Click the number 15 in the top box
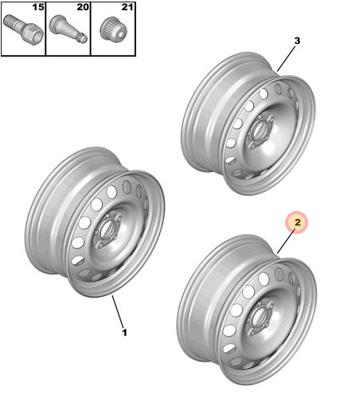click(x=38, y=7)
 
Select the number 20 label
click(x=83, y=7)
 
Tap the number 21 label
click(x=127, y=7)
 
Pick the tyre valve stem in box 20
click(x=68, y=29)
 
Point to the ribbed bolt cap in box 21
click(x=114, y=29)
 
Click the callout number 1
click(x=124, y=333)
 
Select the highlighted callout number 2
click(x=297, y=222)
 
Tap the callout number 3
click(x=297, y=41)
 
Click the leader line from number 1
click(x=118, y=311)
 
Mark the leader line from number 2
click(x=286, y=242)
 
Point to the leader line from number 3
click(x=286, y=59)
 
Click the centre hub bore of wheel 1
click(x=107, y=229)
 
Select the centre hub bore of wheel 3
click(x=259, y=130)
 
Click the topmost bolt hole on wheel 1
click(x=108, y=215)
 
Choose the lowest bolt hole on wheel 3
click(x=252, y=146)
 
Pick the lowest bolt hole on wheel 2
click(x=252, y=332)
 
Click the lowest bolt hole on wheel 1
click(x=100, y=244)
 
